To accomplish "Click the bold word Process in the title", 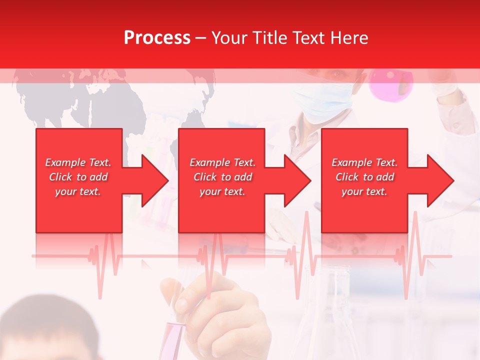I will [157, 37].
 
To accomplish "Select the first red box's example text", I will [78, 177].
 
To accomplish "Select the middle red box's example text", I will [222, 177].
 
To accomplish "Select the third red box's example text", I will [364, 177].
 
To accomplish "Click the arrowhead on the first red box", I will [153, 180].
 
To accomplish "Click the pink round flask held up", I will [391, 82].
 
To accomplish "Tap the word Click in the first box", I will [61, 177].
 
